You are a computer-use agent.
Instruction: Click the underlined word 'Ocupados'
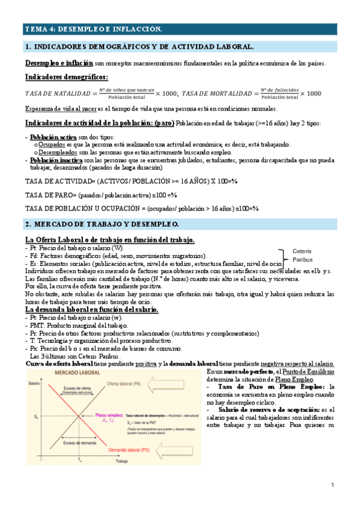coord(53,145)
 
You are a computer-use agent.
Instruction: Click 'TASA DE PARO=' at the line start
coord(46,195)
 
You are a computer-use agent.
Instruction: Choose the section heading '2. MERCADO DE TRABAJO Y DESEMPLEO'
coord(102,224)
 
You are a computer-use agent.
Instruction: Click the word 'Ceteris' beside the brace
coord(301,251)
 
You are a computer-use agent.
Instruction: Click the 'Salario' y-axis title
coord(35,383)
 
